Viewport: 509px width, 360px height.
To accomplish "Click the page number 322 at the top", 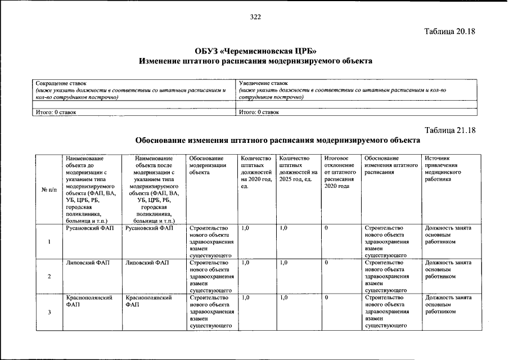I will [x=255, y=17].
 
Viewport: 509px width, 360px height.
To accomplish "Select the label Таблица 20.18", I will [x=450, y=31].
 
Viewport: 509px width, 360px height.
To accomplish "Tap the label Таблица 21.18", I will [x=450, y=130].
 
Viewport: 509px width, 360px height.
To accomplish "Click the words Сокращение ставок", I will [x=61, y=83].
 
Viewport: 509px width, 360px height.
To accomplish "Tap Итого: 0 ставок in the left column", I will [x=56, y=112].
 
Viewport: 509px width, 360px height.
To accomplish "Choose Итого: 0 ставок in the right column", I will [x=259, y=112].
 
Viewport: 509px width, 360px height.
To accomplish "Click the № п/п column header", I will [x=49, y=190].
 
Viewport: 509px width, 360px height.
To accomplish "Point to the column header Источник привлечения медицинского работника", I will [x=448, y=169].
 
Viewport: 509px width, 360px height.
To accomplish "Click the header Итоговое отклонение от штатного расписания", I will [x=340, y=173].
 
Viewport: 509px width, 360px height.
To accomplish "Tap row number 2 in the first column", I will [x=49, y=276].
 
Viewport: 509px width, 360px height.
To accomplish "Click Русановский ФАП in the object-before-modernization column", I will [x=84, y=228].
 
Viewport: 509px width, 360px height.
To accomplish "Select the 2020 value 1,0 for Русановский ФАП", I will [x=245, y=228].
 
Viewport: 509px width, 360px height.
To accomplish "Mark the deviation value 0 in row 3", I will [x=326, y=298].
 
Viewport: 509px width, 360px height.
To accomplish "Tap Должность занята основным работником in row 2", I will [x=448, y=269].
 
